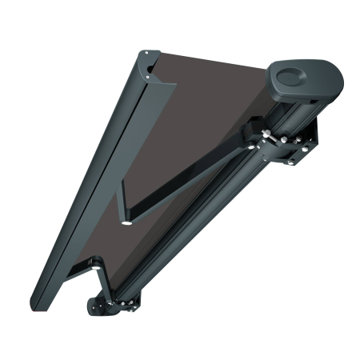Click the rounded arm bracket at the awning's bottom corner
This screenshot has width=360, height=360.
tap(101, 306)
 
